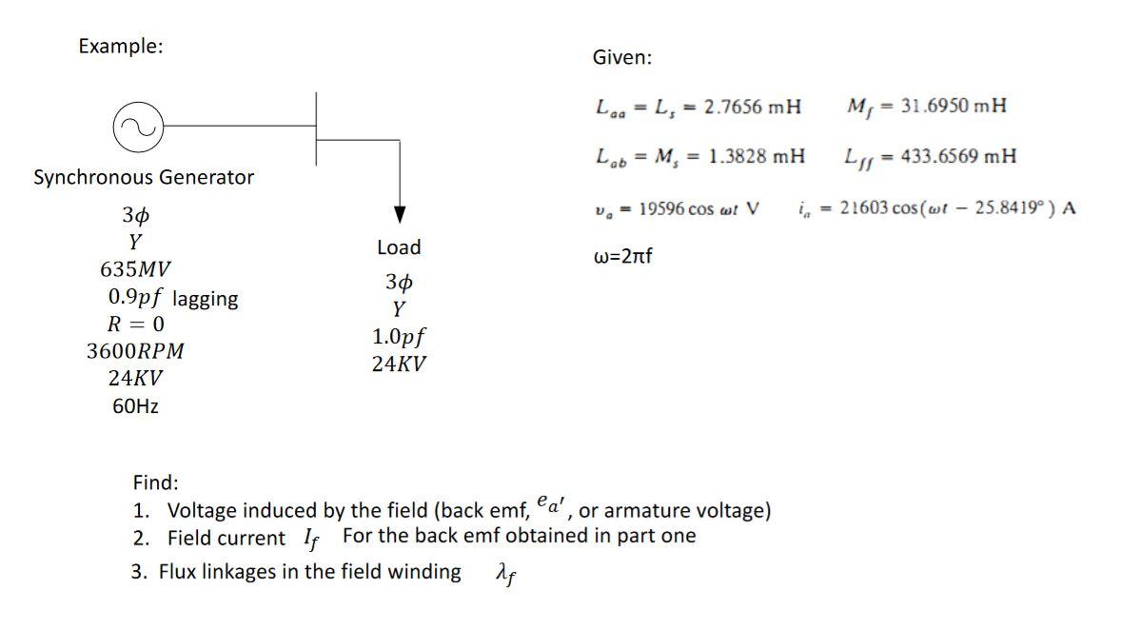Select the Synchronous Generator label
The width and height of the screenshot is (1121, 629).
coord(144,177)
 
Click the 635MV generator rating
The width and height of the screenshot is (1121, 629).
coord(136,269)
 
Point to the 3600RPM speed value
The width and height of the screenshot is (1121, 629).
coord(135,351)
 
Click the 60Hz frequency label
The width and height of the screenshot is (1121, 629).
coord(135,406)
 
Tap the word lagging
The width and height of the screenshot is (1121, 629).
coord(206,299)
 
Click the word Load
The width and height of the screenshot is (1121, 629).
coord(399,247)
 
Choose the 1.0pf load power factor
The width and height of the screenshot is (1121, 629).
coord(399,337)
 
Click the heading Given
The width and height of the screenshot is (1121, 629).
coord(622,58)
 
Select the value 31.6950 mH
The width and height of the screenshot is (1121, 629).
coord(946,105)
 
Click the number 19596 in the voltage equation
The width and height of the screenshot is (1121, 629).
coord(662,208)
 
